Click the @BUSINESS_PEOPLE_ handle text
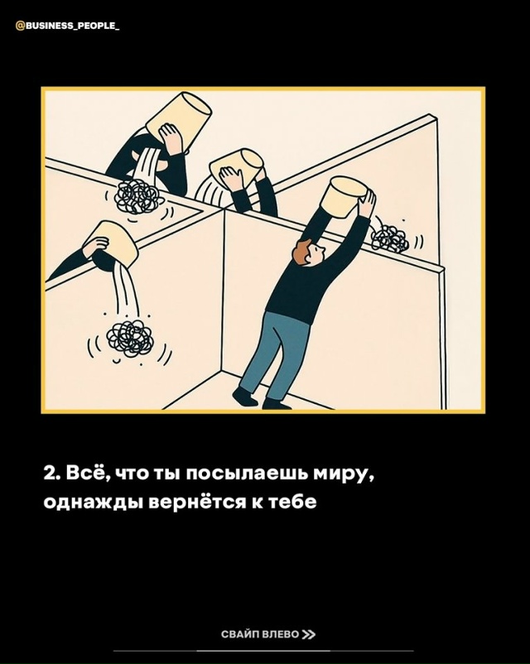(67, 26)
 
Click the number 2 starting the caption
(51, 474)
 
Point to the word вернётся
(197, 502)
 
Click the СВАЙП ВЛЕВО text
(260, 634)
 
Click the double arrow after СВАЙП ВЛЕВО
(309, 634)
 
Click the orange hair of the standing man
(301, 250)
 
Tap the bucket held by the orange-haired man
(344, 197)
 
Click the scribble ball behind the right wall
(389, 238)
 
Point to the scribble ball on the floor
(130, 338)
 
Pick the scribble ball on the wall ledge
(138, 196)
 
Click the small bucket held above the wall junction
(236, 166)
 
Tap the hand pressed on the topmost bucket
(171, 137)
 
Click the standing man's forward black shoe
(244, 397)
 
